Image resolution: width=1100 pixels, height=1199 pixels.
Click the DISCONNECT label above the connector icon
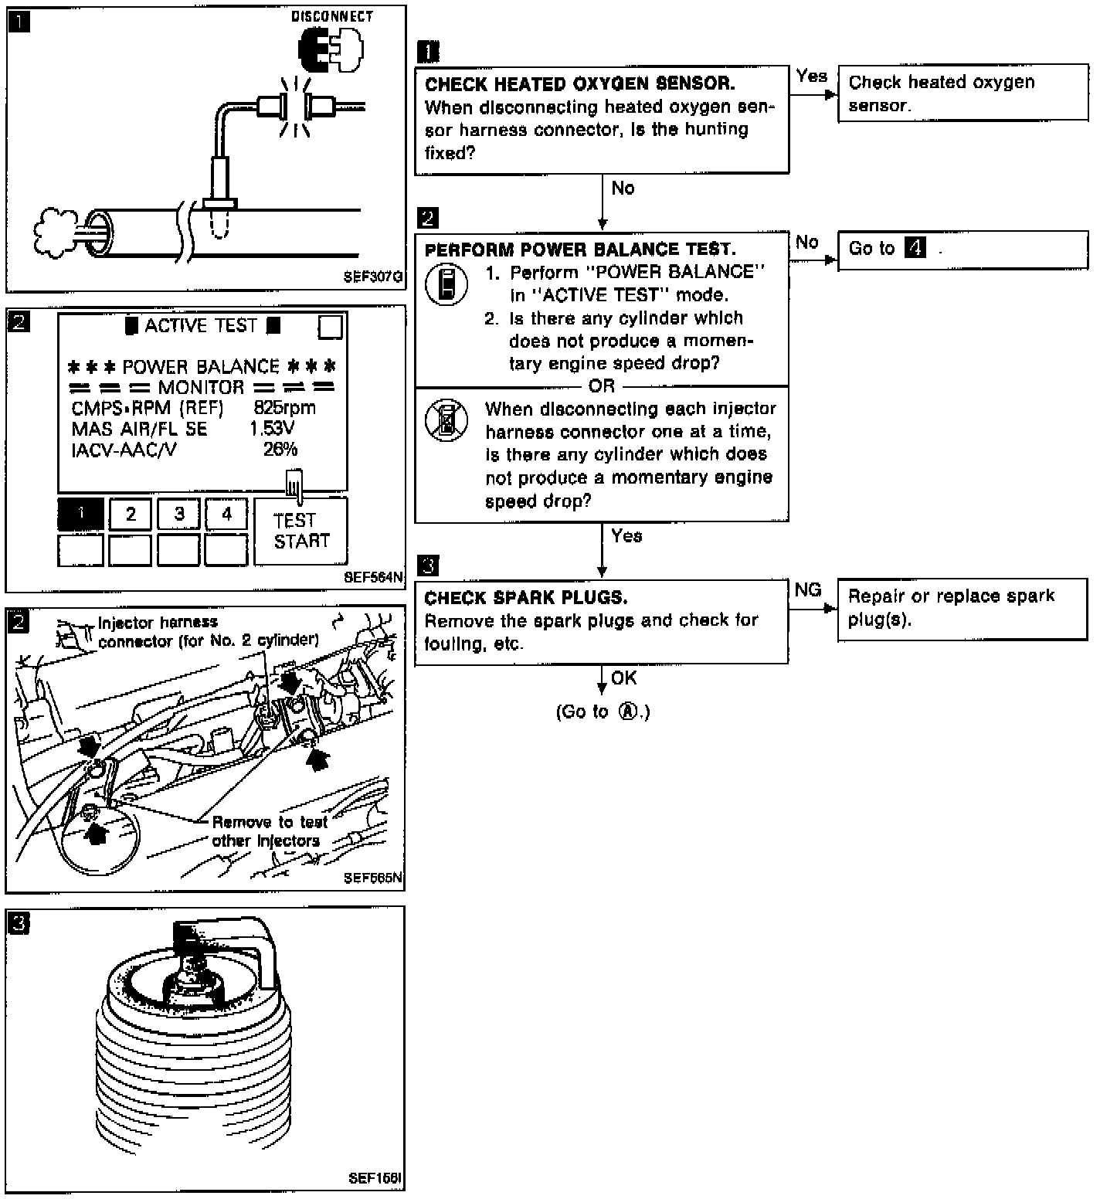point(332,16)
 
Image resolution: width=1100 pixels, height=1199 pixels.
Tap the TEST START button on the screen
point(300,531)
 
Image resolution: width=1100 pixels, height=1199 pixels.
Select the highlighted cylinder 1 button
point(80,514)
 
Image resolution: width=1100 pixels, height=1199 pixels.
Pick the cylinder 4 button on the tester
point(226,514)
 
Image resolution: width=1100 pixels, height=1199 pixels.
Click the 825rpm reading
point(284,408)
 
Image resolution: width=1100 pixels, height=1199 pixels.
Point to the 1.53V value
point(272,429)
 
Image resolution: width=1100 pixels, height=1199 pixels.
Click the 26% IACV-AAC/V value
point(280,450)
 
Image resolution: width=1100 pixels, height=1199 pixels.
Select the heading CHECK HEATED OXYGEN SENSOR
point(579,83)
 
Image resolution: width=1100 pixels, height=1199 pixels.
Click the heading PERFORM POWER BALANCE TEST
point(579,250)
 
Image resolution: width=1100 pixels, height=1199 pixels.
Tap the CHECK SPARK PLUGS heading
point(526,598)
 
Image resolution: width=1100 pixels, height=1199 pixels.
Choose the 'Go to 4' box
point(963,250)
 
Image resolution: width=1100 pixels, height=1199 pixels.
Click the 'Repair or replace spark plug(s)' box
point(963,608)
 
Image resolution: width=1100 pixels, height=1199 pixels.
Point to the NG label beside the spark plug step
point(808,590)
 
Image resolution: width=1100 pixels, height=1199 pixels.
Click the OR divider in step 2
point(602,386)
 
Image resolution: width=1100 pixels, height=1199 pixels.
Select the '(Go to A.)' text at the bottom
point(603,712)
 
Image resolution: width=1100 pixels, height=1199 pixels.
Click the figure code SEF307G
point(374,277)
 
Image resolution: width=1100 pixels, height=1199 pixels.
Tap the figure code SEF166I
point(375,1179)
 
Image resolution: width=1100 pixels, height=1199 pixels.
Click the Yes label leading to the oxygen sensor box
point(812,76)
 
